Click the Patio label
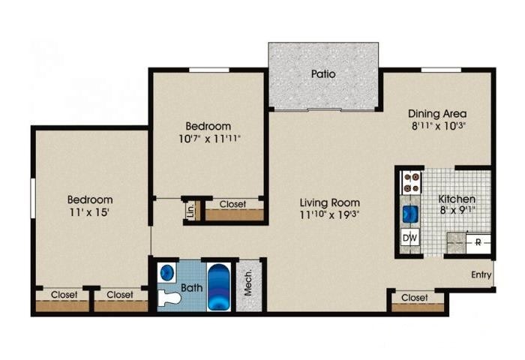323,73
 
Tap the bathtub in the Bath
219,287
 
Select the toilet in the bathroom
169,298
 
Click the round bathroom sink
167,272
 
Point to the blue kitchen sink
410,214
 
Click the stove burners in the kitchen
411,182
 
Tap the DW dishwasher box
410,238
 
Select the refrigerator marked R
478,243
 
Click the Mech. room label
248,283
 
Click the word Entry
481,275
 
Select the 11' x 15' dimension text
90,212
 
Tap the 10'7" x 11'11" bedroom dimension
209,138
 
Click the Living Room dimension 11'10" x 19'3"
329,214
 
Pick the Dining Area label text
437,114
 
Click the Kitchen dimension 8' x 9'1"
457,210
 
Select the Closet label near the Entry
415,298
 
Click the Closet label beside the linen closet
232,204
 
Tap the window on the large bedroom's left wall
33,199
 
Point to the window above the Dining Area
441,70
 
